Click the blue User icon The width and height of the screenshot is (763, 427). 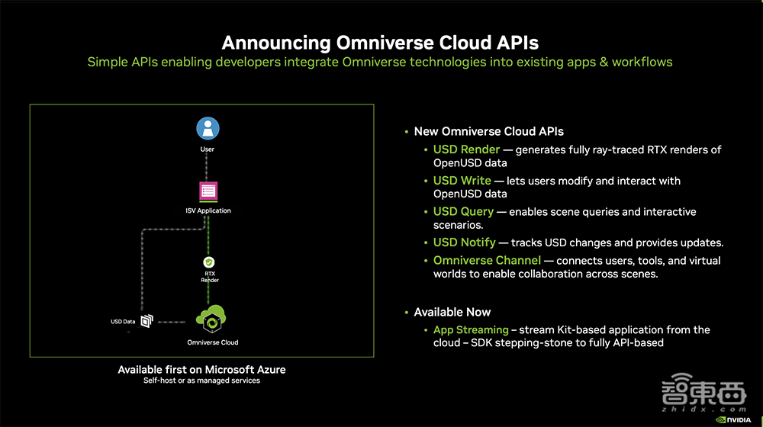[208, 128]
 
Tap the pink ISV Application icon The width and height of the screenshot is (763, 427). [208, 191]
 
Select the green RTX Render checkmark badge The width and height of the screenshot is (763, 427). [209, 262]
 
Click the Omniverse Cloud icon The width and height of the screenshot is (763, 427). [211, 319]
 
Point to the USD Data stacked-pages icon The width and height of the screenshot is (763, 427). [147, 321]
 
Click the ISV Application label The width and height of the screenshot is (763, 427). [208, 210]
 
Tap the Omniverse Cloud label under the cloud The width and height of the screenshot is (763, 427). [213, 342]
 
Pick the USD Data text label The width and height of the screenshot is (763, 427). [123, 322]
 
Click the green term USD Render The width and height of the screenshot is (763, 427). [466, 149]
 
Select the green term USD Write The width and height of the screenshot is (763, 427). [462, 181]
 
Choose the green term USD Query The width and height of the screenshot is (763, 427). [463, 211]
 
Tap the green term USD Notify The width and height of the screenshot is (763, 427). [464, 242]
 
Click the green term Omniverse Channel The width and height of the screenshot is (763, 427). [487, 260]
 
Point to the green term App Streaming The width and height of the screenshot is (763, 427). [471, 329]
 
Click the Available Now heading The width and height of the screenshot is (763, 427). [452, 312]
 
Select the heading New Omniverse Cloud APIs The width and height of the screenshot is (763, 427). [488, 131]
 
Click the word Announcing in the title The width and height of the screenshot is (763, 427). [276, 43]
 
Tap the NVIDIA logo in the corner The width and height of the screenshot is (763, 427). [733, 419]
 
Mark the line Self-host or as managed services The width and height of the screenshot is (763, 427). [201, 380]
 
